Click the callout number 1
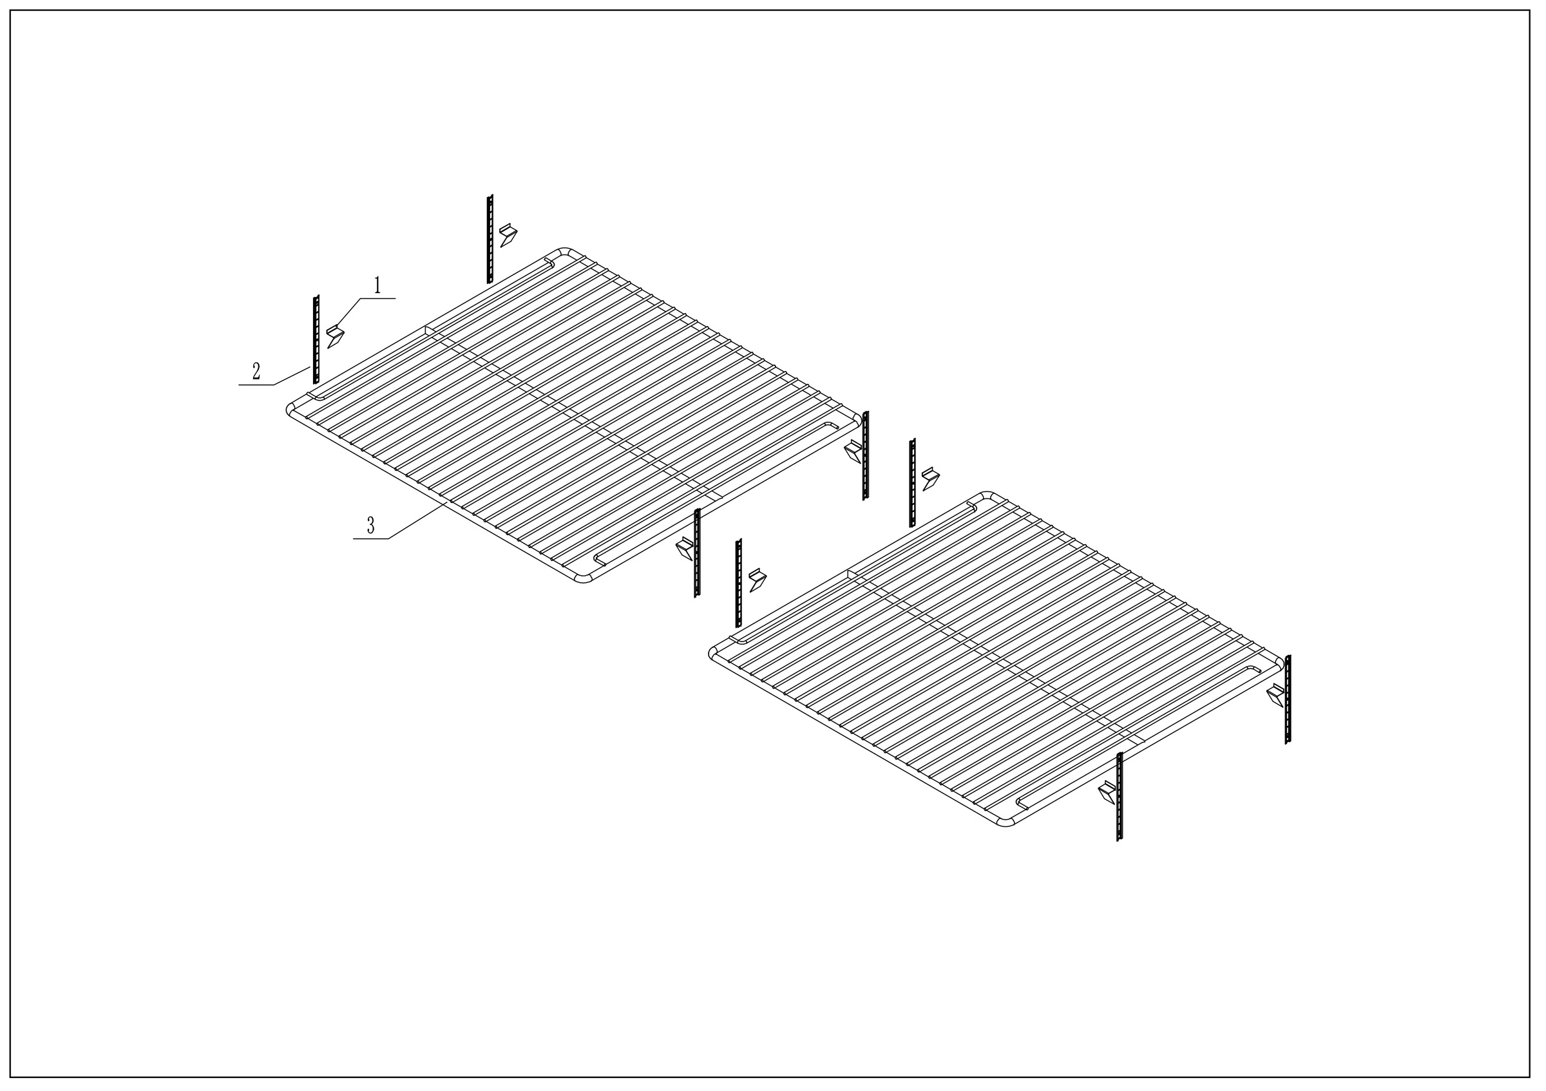tap(377, 285)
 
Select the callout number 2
tap(256, 372)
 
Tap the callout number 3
tap(370, 526)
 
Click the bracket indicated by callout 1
tap(335, 335)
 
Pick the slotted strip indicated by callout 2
tap(316, 339)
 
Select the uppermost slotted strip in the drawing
tap(490, 239)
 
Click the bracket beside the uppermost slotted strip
tap(508, 236)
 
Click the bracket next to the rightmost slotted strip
tap(1276, 694)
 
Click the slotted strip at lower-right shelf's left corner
tap(739, 583)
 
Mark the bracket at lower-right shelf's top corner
tap(931, 479)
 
